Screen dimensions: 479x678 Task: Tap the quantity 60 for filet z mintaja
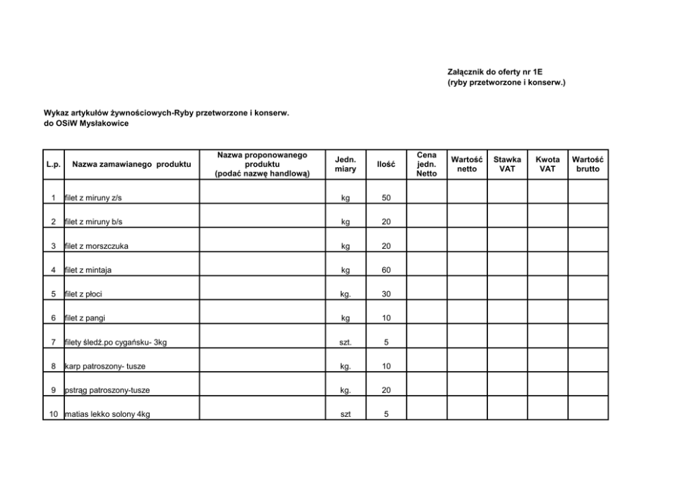click(386, 270)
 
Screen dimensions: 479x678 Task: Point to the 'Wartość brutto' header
click(588, 164)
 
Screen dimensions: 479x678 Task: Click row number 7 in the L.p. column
click(53, 342)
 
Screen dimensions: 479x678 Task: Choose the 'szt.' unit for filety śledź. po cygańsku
click(346, 342)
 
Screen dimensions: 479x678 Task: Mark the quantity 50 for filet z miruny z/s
click(386, 198)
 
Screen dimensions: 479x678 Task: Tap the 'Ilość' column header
click(386, 165)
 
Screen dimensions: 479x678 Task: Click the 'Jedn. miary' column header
click(345, 164)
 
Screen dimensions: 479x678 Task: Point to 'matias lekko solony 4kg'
click(107, 414)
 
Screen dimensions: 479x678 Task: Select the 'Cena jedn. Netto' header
click(426, 165)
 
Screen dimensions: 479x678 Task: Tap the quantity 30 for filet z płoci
click(386, 295)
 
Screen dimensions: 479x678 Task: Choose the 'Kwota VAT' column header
click(547, 164)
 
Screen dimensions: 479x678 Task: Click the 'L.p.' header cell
click(53, 165)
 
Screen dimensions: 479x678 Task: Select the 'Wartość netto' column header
click(467, 164)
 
